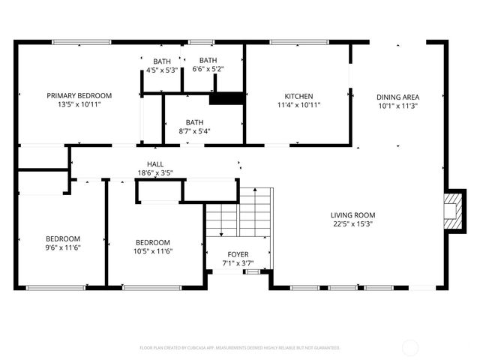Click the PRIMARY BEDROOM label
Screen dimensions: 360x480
click(x=79, y=95)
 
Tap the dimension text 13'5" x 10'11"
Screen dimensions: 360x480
click(x=79, y=104)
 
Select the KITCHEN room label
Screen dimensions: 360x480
click(x=298, y=96)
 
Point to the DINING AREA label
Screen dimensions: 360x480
click(x=397, y=97)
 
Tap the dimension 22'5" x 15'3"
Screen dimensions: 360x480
click(x=353, y=223)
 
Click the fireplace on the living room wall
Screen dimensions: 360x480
click(x=452, y=211)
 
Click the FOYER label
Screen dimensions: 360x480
click(x=238, y=255)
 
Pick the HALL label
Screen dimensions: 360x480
click(x=155, y=164)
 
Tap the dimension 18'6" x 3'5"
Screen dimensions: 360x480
click(x=155, y=173)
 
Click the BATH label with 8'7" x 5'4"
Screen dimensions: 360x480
click(x=195, y=122)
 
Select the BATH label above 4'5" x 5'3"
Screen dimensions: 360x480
click(x=162, y=61)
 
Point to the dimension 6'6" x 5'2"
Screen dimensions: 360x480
click(x=208, y=70)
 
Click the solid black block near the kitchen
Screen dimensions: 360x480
click(x=226, y=98)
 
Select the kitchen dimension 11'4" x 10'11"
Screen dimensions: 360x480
click(x=298, y=105)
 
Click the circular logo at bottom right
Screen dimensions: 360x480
click(x=411, y=347)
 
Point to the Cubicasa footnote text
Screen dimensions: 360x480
click(x=240, y=348)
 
